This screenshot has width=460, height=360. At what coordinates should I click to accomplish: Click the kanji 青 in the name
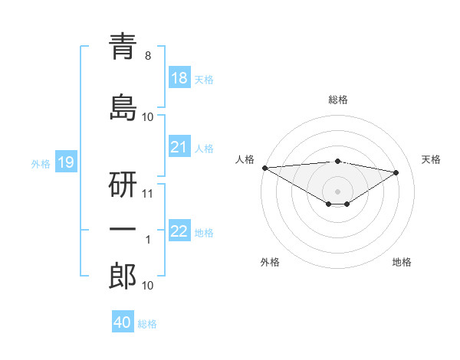(x=123, y=47)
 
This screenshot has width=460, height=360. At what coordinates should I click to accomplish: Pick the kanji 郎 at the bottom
(x=123, y=276)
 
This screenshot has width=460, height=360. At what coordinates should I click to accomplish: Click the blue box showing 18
(x=179, y=78)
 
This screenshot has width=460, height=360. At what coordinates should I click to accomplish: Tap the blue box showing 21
(x=179, y=147)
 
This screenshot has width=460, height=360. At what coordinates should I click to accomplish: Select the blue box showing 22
(x=179, y=231)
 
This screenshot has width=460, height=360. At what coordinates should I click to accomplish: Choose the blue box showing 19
(x=65, y=162)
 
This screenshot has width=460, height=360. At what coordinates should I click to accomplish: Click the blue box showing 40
(x=123, y=322)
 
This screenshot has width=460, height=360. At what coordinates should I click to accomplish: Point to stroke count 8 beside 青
(x=148, y=56)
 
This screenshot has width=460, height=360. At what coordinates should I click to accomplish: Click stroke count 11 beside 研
(x=148, y=193)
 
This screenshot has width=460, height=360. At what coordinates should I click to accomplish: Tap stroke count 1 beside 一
(x=148, y=240)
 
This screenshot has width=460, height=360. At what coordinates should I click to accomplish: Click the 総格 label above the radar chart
(x=337, y=100)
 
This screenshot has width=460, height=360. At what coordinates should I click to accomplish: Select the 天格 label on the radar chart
(x=431, y=159)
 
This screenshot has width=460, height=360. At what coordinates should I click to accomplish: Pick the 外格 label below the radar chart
(x=270, y=262)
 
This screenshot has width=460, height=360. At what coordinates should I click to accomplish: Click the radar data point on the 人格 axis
(x=264, y=168)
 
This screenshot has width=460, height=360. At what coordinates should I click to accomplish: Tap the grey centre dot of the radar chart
(x=337, y=191)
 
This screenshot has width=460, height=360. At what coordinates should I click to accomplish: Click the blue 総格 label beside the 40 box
(x=147, y=324)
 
